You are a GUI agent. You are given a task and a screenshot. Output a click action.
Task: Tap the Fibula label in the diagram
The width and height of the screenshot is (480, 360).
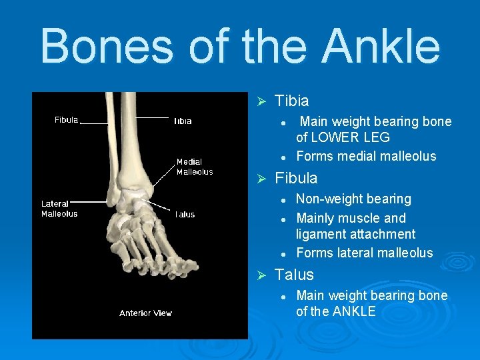(66, 120)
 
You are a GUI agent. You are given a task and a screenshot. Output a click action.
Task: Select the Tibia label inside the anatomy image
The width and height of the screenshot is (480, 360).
(183, 121)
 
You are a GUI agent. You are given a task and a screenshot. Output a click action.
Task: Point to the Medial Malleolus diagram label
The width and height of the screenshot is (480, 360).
(194, 167)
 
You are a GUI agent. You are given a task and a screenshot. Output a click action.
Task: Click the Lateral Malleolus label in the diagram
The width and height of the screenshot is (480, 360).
(59, 209)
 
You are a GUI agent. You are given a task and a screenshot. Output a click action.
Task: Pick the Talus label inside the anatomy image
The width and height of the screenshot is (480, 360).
(185, 215)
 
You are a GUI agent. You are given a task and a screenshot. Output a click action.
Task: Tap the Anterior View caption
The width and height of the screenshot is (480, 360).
(145, 313)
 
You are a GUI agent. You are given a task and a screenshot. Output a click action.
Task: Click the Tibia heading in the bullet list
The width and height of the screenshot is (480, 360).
(291, 101)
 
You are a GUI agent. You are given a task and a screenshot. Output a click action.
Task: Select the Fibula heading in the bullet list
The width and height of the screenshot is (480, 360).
(296, 179)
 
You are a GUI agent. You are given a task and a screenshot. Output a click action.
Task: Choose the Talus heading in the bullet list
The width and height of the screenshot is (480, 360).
(294, 275)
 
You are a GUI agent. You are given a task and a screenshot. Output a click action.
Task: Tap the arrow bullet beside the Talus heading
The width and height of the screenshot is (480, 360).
(262, 275)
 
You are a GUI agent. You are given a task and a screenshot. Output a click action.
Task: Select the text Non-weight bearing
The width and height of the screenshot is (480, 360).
(353, 199)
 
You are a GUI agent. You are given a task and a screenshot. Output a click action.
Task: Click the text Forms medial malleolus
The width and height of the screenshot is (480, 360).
(365, 157)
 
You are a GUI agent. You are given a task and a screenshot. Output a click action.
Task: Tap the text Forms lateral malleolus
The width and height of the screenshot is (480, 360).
(364, 253)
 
